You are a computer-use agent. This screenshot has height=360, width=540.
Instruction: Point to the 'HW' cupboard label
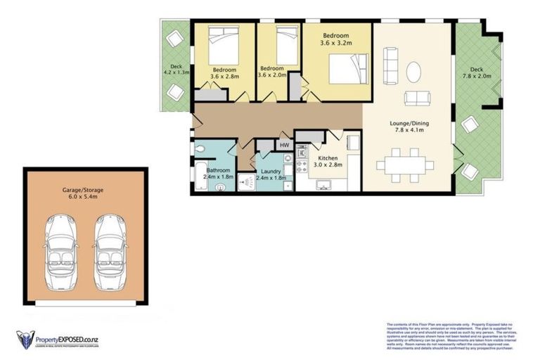[x=285, y=146]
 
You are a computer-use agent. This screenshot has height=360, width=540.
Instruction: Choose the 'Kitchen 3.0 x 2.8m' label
[x=329, y=161]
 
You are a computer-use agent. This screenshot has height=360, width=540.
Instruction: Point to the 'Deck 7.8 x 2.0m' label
[x=476, y=72]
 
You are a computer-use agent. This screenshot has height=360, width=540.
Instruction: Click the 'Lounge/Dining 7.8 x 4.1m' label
[x=409, y=127]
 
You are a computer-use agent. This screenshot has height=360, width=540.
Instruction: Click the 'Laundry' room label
[x=271, y=172]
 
